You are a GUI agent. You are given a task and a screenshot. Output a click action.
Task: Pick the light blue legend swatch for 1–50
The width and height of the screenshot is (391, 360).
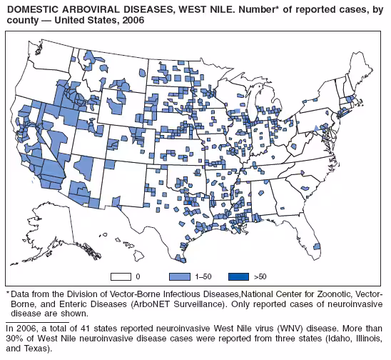click(x=179, y=276)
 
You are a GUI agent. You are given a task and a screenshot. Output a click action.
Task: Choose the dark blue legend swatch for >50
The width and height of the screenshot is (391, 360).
click(x=238, y=276)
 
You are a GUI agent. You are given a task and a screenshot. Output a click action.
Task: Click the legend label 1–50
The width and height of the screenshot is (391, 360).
click(x=203, y=276)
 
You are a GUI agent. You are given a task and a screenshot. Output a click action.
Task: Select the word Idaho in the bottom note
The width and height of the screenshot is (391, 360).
click(x=332, y=339)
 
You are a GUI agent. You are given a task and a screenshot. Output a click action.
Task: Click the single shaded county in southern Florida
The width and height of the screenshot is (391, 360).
click(x=316, y=246)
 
